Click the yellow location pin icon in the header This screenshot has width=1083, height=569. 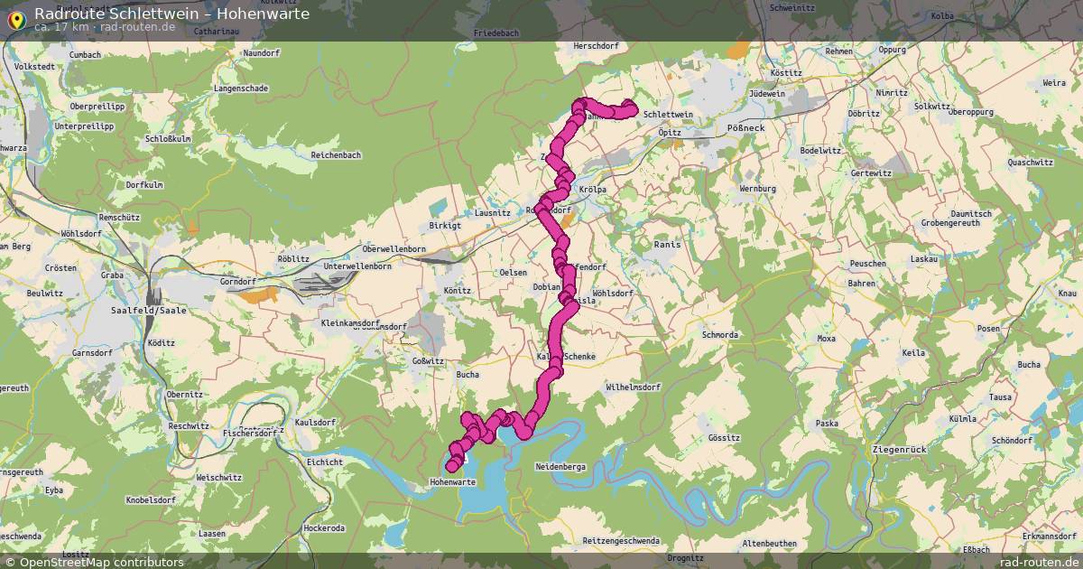(15, 20)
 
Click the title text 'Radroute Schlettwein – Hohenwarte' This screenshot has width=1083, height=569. (171, 14)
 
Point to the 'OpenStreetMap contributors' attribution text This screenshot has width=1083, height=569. (101, 562)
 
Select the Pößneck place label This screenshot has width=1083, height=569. (745, 129)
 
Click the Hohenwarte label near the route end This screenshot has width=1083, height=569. (452, 483)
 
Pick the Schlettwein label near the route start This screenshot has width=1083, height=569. (670, 115)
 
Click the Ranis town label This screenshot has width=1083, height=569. (667, 245)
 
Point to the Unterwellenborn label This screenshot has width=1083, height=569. (356, 267)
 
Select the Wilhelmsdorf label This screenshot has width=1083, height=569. (634, 387)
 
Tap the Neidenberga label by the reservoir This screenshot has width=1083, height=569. (561, 466)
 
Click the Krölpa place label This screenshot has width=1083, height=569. (592, 190)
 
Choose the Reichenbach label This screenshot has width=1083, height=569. (336, 155)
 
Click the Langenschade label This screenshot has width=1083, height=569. (240, 89)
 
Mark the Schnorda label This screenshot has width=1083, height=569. (719, 334)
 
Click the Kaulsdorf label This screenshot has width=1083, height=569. (315, 423)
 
